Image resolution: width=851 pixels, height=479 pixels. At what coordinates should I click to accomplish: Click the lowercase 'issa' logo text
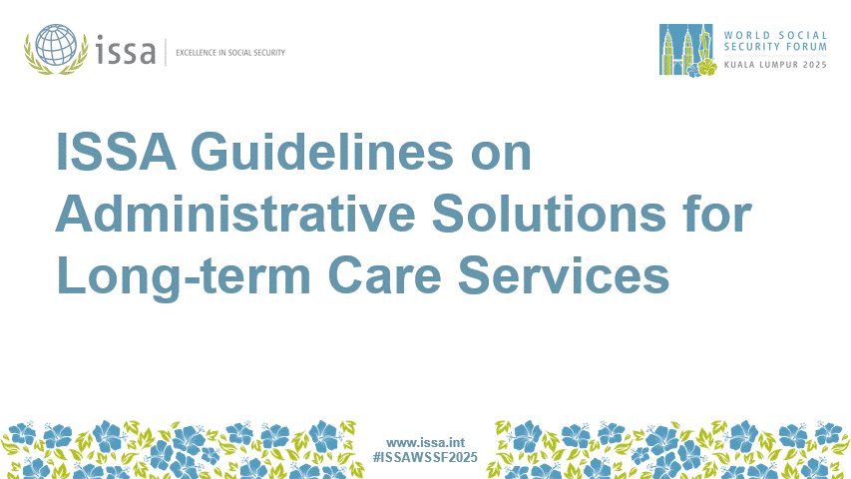click(127, 49)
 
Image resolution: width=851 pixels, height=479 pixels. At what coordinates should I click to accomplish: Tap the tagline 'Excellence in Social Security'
click(229, 51)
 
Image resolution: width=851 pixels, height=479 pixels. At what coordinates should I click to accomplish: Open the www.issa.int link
click(425, 441)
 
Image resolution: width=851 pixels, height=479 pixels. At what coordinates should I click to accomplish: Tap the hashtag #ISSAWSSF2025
click(425, 457)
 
